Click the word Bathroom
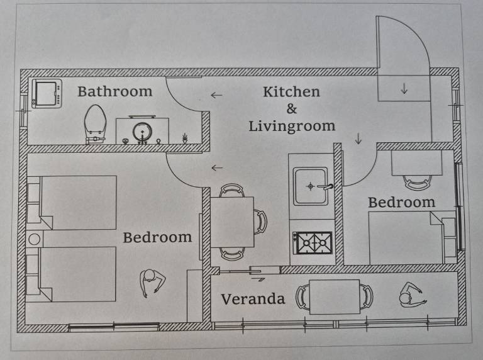[x=115, y=91]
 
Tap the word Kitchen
[x=291, y=92]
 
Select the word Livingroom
[x=292, y=127]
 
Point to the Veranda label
[x=253, y=299]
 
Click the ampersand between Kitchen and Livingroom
[x=292, y=108]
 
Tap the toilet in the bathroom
[x=95, y=124]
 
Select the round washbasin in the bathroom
[x=142, y=132]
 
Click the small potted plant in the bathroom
[x=185, y=138]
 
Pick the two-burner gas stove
[x=313, y=243]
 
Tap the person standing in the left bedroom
[x=152, y=283]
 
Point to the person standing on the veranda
[x=412, y=295]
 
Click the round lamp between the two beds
[x=34, y=239]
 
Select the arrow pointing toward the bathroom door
[x=216, y=95]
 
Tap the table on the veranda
[x=334, y=297]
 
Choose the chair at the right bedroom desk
[x=418, y=183]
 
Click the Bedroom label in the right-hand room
[x=402, y=203]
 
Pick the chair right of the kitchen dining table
[x=260, y=222]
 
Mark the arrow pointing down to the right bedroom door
[x=358, y=138]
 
